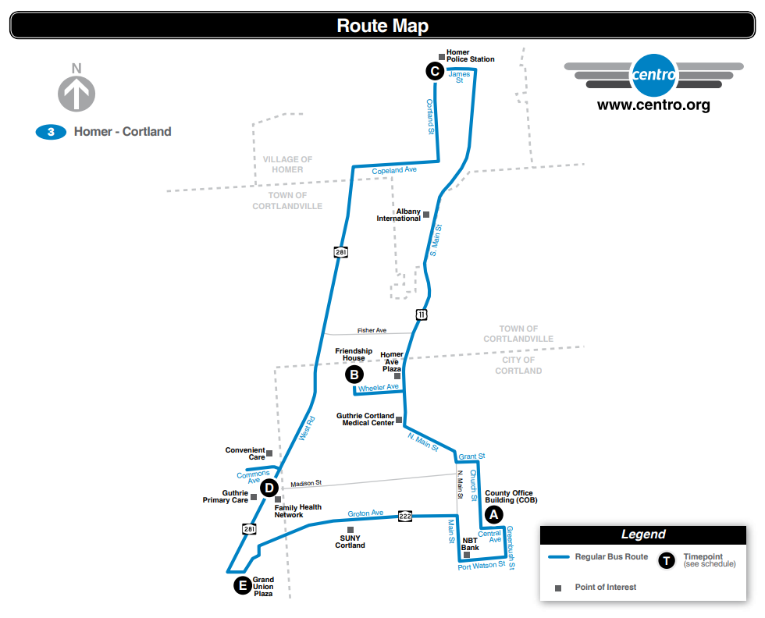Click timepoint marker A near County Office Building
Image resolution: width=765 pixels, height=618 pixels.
click(493, 514)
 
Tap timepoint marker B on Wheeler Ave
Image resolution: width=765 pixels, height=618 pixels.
click(354, 375)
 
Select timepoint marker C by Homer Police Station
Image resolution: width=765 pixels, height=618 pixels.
click(435, 72)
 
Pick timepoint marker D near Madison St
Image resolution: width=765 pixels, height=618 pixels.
click(269, 488)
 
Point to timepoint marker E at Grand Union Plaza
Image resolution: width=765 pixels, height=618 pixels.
click(243, 585)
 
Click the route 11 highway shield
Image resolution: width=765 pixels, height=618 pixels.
click(422, 314)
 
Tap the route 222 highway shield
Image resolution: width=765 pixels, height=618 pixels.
click(405, 516)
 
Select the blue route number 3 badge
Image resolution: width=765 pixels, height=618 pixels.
click(51, 132)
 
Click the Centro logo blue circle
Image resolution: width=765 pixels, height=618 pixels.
click(654, 76)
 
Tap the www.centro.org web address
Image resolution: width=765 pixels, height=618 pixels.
click(653, 105)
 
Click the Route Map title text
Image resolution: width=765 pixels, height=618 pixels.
click(382, 26)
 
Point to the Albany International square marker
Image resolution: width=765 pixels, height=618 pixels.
click(426, 213)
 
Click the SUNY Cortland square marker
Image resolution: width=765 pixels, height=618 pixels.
click(350, 530)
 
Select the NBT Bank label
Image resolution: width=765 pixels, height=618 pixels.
click(470, 543)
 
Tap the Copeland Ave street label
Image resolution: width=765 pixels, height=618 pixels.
click(394, 170)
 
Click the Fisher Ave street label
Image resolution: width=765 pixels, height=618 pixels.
click(372, 331)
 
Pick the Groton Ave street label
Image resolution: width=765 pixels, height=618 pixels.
click(365, 513)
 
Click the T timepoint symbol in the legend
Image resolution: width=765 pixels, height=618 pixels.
click(666, 560)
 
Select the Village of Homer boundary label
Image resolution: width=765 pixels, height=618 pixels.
click(287, 164)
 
